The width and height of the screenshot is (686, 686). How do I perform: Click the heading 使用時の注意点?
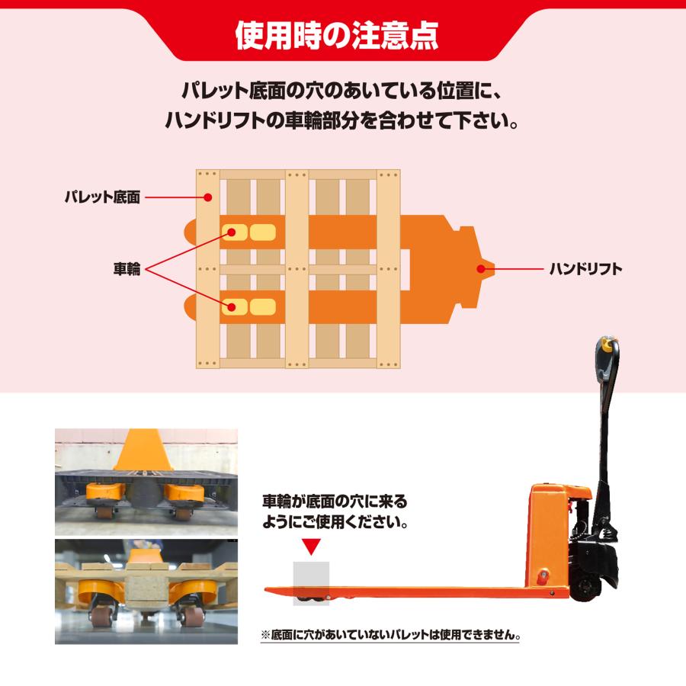click(342, 33)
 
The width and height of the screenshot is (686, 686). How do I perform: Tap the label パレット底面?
click(101, 198)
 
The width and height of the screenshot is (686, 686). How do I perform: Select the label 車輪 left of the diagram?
click(127, 269)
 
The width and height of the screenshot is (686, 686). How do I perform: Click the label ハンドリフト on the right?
click(585, 268)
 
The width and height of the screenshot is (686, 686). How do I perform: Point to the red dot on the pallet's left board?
click(209, 197)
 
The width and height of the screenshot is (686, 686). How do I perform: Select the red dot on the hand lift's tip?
click(481, 268)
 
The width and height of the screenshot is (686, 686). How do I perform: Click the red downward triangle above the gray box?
click(311, 546)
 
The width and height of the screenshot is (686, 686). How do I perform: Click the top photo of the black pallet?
click(146, 481)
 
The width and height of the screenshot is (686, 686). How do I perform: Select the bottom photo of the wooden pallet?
click(146, 591)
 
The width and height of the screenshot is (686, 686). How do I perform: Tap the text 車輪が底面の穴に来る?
click(335, 502)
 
